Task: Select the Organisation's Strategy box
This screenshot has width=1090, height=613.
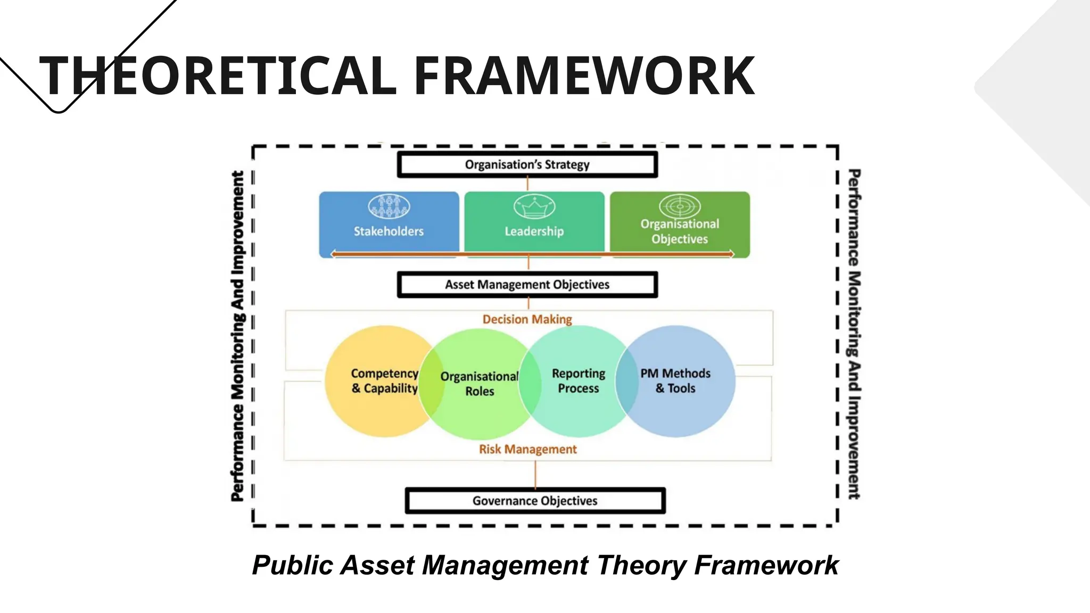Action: click(x=527, y=165)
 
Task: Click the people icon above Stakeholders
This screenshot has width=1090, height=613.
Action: click(x=389, y=206)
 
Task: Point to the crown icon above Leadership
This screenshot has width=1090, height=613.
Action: click(x=534, y=206)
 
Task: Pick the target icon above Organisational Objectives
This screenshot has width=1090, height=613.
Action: click(x=680, y=206)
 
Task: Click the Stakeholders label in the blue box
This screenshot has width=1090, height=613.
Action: click(x=389, y=231)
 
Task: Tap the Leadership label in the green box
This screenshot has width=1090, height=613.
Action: click(x=534, y=231)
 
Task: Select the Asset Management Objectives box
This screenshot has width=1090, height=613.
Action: click(x=527, y=285)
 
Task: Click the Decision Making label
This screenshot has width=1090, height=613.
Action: click(x=527, y=319)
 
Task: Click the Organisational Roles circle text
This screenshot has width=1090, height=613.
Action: click(x=480, y=384)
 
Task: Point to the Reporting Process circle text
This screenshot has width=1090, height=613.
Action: click(x=579, y=381)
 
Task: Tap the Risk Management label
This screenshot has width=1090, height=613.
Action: click(x=527, y=450)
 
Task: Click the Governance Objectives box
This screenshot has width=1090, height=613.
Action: click(x=535, y=501)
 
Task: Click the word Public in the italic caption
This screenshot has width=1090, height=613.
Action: click(x=293, y=566)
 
